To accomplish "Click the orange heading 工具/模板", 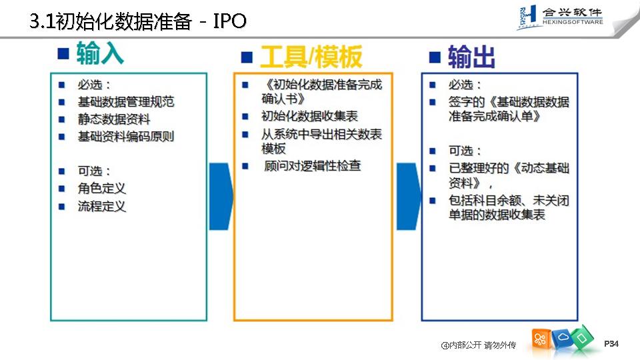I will tap(311, 57).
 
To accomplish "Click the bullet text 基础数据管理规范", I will tap(126, 102).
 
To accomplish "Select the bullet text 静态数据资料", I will tap(114, 119).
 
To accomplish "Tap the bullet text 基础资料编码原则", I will tap(126, 137).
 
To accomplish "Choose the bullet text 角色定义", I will tap(102, 189).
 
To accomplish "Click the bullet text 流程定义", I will tap(102, 206).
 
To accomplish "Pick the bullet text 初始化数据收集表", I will tap(310, 117).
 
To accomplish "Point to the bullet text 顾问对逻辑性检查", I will tap(313, 166).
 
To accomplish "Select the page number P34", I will tap(611, 344).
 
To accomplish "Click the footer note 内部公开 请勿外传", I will tap(479, 345).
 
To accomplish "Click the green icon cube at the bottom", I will tap(581, 337).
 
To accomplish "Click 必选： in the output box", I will tap(465, 85).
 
